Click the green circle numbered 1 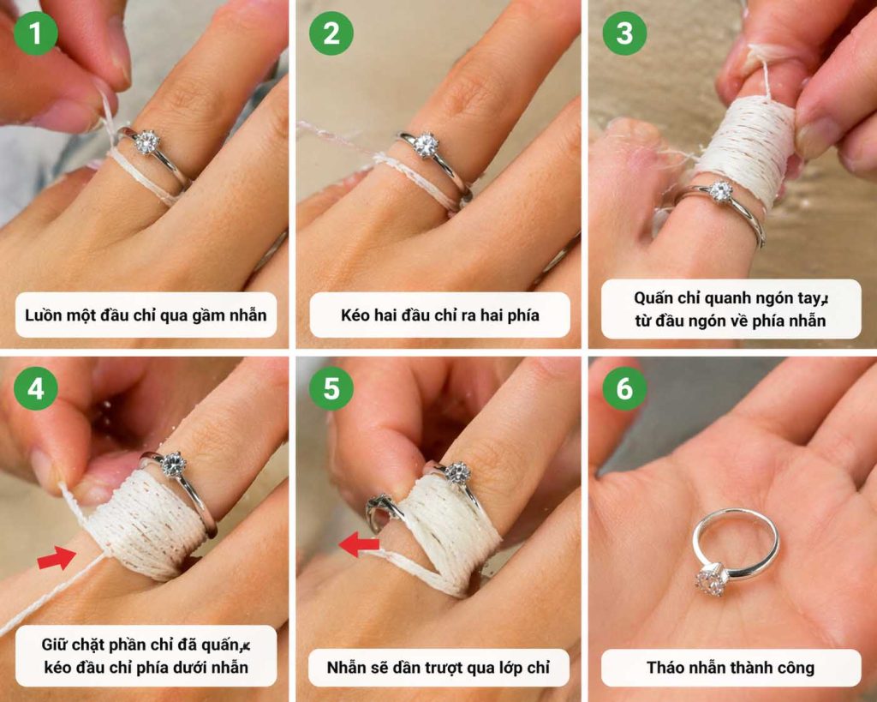click(x=36, y=33)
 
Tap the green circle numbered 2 click(x=331, y=33)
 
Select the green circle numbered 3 click(x=624, y=33)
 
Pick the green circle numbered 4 click(x=36, y=388)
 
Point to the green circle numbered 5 click(x=331, y=388)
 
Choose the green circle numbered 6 click(x=624, y=388)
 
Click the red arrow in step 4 click(x=57, y=558)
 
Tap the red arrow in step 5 click(x=359, y=544)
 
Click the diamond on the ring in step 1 click(x=147, y=141)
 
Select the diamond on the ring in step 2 click(x=427, y=145)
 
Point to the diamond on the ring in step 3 click(x=720, y=192)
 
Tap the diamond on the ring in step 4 click(x=173, y=464)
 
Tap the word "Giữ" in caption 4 click(x=54, y=645)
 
